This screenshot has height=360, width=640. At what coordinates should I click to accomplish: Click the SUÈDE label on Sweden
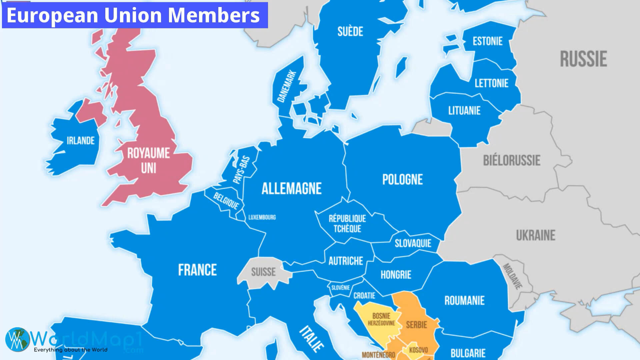point(350,32)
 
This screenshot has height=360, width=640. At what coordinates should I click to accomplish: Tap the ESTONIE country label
point(487,41)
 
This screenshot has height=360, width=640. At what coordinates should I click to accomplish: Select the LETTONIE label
point(491,83)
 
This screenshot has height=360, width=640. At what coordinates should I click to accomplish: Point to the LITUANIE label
point(464,111)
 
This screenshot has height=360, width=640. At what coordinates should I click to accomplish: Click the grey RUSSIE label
point(583,59)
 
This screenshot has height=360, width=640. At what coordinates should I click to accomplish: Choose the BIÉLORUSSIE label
point(512,161)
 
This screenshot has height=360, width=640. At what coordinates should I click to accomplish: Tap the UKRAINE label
point(536,235)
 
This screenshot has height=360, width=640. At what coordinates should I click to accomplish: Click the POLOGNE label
point(402,180)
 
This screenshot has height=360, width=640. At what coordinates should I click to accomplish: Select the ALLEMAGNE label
point(291,189)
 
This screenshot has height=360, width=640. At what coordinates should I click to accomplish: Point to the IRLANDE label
point(81,141)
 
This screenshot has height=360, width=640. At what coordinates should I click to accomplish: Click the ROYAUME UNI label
point(149,161)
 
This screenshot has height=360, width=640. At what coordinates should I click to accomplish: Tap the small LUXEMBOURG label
point(262,217)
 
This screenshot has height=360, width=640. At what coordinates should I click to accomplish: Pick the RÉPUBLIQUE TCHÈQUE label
point(347,224)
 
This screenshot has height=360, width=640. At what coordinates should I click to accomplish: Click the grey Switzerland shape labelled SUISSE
point(263,272)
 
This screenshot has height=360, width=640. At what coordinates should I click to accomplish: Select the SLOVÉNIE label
point(340,288)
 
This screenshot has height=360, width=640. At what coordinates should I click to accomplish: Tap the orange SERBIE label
point(416,325)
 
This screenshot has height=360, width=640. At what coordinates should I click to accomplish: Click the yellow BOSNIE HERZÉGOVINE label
point(381,319)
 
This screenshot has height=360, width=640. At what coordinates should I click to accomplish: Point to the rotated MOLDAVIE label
point(512,276)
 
